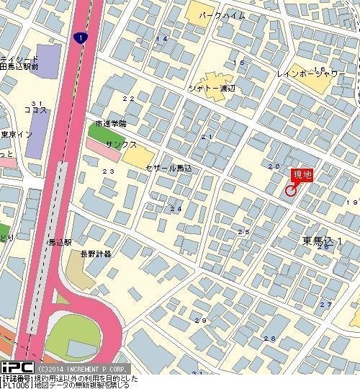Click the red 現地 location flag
[x=302, y=174]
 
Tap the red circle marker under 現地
[x=291, y=190]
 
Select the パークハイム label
[x=223, y=15]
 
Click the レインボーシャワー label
[x=311, y=73]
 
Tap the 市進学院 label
[x=110, y=123]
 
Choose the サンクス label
[x=121, y=144]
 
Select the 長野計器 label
[x=95, y=254]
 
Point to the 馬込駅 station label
[x=60, y=243]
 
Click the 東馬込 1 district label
[x=322, y=239]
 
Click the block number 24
[x=175, y=208]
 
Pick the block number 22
[x=129, y=98]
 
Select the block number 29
[x=200, y=321]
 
